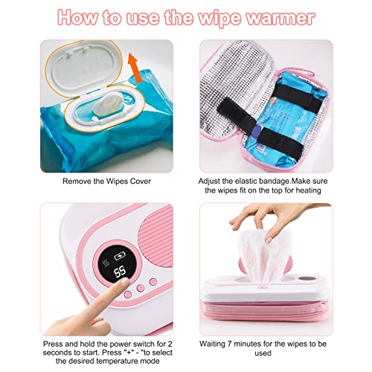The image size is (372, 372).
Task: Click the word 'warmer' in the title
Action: coord(282,17)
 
